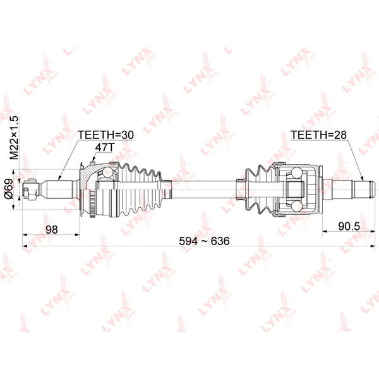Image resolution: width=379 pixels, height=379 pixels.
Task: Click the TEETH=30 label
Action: (105, 135)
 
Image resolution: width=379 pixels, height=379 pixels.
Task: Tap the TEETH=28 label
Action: (318, 135)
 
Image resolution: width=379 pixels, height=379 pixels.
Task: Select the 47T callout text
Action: (104, 147)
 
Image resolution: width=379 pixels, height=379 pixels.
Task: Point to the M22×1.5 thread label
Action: (14, 138)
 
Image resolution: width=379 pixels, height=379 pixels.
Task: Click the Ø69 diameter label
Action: (9, 189)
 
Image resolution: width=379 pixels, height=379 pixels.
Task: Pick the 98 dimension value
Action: (52, 229)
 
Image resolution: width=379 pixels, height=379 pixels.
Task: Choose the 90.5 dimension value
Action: (349, 226)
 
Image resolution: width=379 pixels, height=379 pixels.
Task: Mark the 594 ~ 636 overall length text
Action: (204, 241)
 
